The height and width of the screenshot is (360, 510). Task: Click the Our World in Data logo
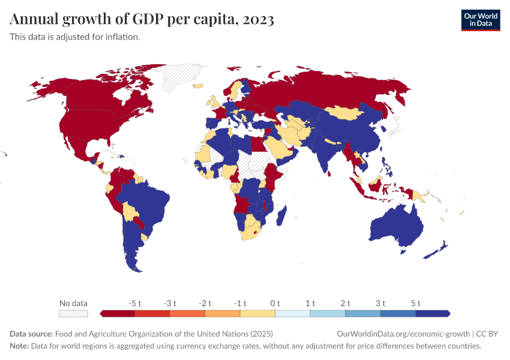[x=480, y=20]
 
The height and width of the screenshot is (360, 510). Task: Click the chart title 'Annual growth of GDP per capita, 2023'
[x=142, y=20]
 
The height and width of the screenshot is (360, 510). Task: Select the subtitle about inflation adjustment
[x=75, y=37]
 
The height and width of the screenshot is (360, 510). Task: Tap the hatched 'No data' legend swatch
[x=73, y=313]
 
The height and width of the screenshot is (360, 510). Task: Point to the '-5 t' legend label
[x=135, y=303]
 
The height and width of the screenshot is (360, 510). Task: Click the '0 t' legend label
[x=275, y=303]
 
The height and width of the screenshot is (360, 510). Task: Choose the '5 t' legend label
[x=415, y=303]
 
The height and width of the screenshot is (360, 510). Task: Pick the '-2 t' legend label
[x=205, y=303]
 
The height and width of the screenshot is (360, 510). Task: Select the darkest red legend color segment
[x=118, y=313]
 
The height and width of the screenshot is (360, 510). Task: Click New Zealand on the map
[x=437, y=250]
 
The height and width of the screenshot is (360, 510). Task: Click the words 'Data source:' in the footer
[x=31, y=334]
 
